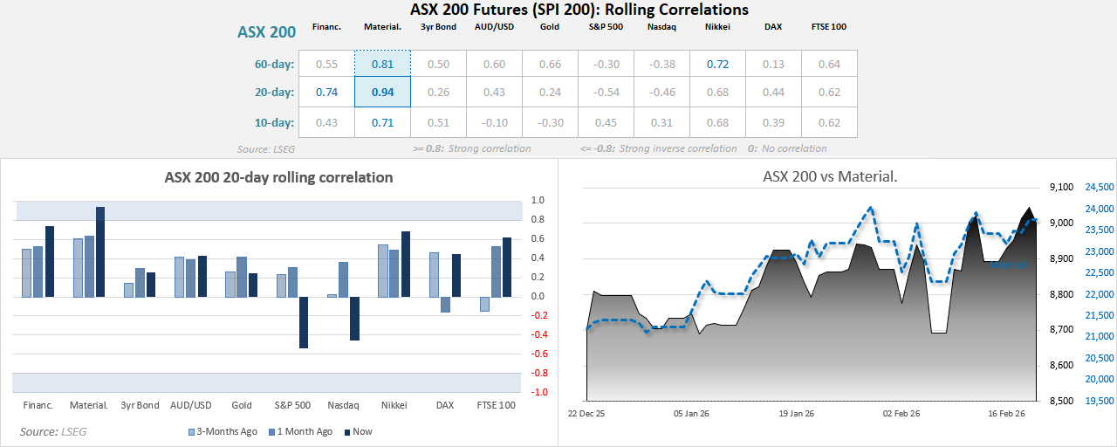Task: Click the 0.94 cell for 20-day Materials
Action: coord(382,93)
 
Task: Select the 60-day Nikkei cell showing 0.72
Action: coord(717,64)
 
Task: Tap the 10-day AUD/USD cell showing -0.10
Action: coord(494,122)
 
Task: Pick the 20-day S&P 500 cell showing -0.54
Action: coord(606,93)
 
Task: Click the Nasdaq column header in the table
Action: coord(661,27)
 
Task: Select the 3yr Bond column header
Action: coord(438,27)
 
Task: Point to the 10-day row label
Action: coord(274,122)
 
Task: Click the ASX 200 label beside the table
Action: coord(267,32)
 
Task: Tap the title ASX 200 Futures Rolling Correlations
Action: coord(579,10)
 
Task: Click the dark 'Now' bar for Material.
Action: coord(100,251)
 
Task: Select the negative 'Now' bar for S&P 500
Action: coord(304,322)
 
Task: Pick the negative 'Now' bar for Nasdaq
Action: coord(354,318)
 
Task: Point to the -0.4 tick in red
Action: coord(538,335)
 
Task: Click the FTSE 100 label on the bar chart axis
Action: coord(496,405)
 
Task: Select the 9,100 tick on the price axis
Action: coord(1060,187)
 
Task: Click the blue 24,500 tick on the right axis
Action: coord(1099,187)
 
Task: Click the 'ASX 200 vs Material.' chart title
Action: coord(830,176)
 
